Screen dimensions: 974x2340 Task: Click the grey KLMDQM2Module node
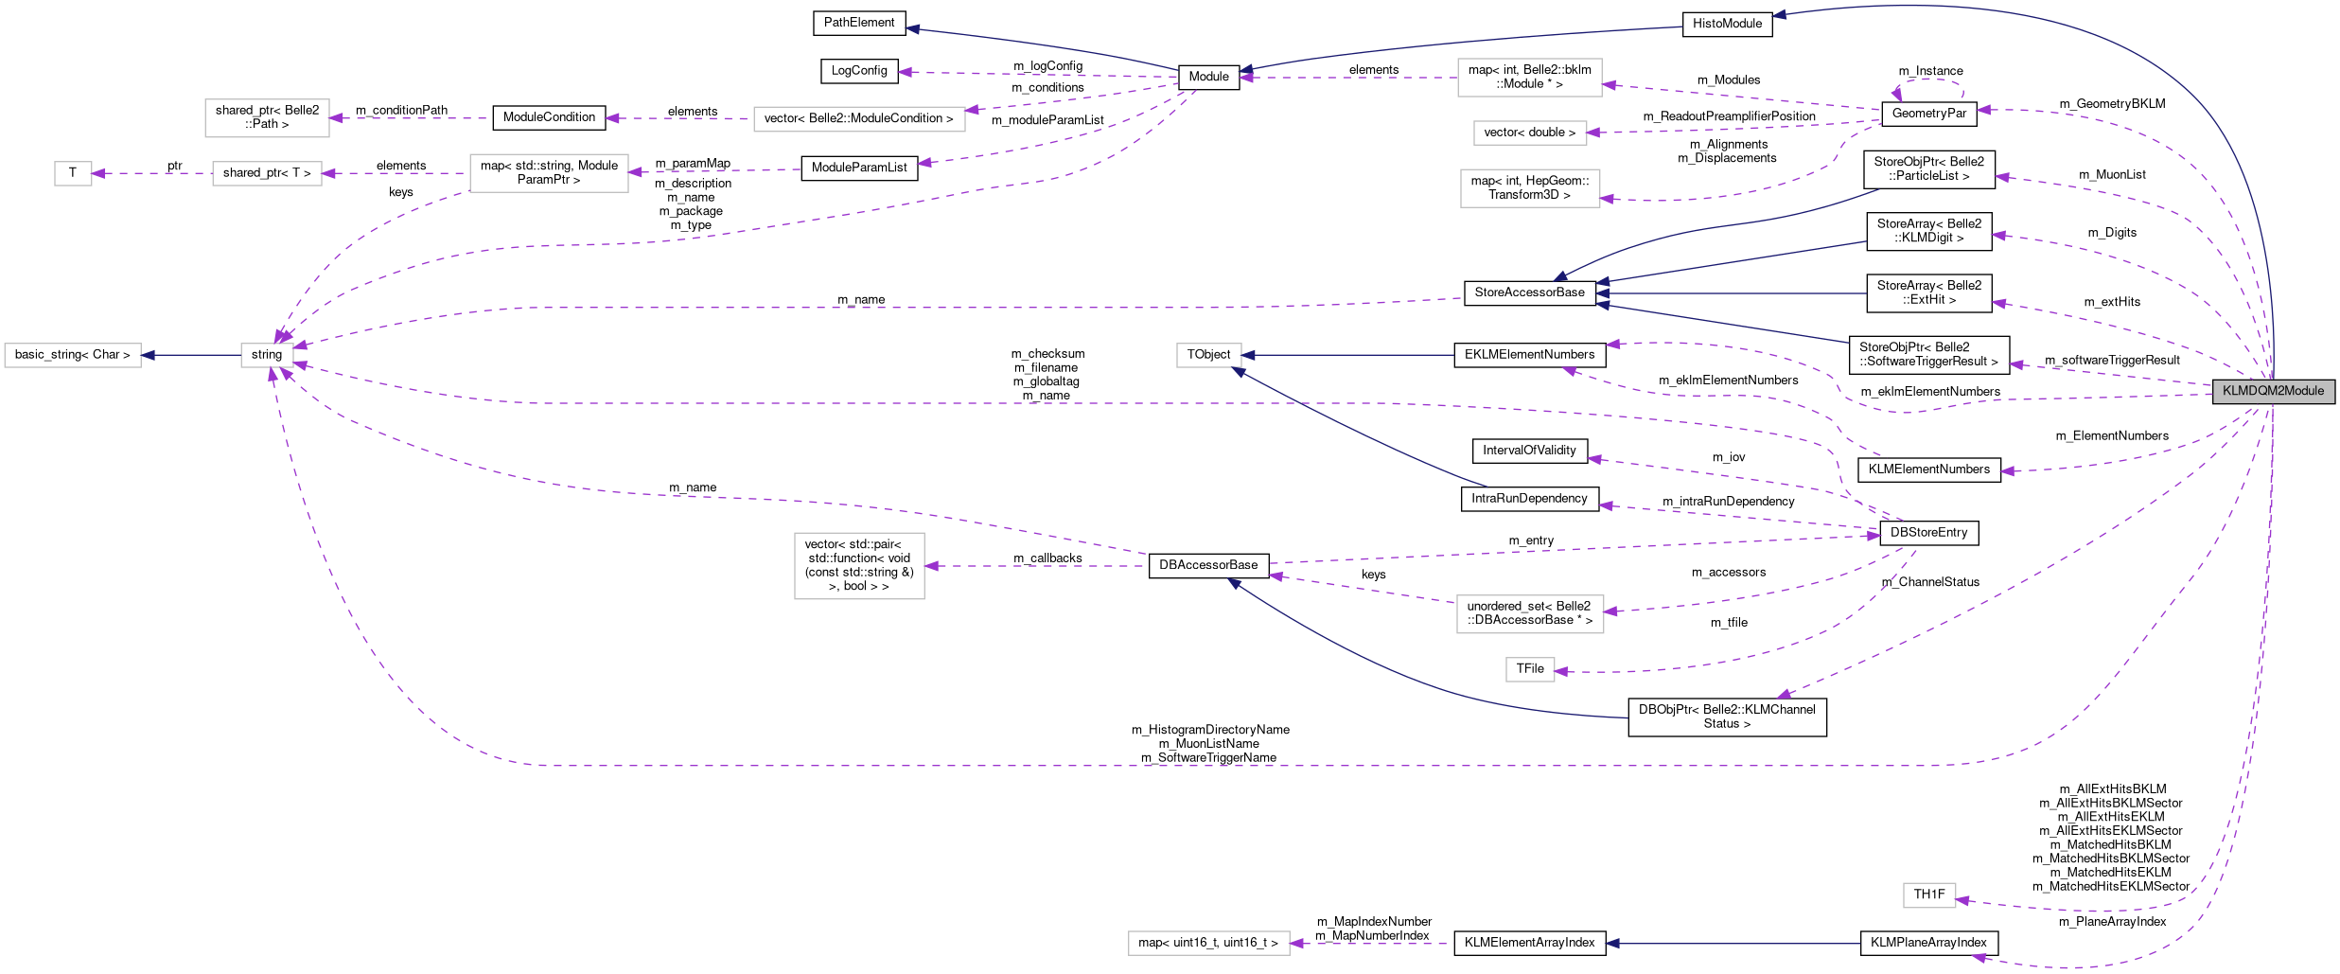(x=2273, y=391)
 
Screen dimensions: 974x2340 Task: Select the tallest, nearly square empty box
(x=859, y=566)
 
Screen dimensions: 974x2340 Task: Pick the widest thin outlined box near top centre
(x=859, y=119)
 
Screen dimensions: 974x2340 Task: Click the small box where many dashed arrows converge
(x=267, y=355)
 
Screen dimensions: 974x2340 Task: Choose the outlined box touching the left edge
(x=73, y=355)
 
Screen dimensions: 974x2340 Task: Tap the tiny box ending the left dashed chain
(x=73, y=174)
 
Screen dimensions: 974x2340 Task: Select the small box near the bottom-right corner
(x=1929, y=895)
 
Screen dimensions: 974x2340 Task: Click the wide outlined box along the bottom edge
(x=1208, y=944)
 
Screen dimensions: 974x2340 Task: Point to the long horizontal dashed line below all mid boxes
(x=1230, y=765)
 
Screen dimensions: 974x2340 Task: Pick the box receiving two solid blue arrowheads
(x=1208, y=355)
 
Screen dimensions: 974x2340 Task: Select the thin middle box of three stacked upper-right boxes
(x=1530, y=133)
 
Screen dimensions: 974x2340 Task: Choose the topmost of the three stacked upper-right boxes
(x=1529, y=78)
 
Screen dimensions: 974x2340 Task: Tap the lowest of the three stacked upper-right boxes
(x=1530, y=188)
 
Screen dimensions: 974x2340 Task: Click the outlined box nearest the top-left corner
(x=267, y=118)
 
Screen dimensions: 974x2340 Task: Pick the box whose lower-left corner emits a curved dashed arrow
(x=549, y=173)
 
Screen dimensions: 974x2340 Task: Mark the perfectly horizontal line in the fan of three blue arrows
(x=1732, y=293)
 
